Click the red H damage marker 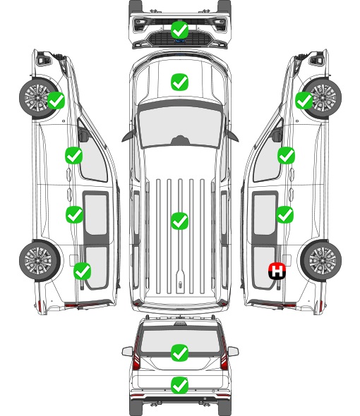(x=277, y=271)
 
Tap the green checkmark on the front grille (x=179, y=30)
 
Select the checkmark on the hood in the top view (x=179, y=82)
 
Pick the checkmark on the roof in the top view (x=179, y=221)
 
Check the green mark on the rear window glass (x=179, y=353)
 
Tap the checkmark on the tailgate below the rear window (x=179, y=385)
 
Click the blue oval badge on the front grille (x=179, y=41)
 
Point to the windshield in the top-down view (x=180, y=126)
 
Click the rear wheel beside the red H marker (x=321, y=260)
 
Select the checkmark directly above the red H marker (x=284, y=214)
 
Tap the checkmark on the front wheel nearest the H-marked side (x=304, y=101)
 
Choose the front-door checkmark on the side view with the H (x=286, y=155)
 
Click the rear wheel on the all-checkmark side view (x=40, y=260)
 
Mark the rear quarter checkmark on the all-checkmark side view (x=83, y=271)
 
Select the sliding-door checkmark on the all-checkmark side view (x=74, y=214)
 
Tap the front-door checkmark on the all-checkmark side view (x=73, y=155)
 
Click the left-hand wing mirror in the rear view (x=127, y=351)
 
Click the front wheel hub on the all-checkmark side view (x=37, y=97)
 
